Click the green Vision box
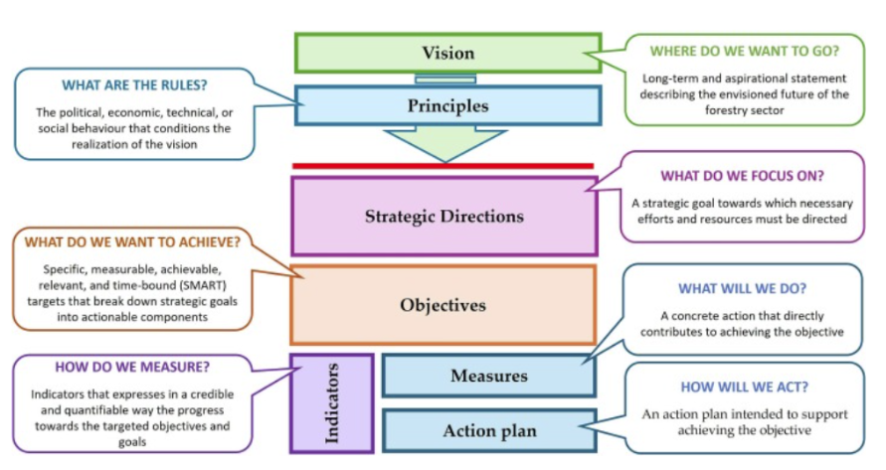click(447, 53)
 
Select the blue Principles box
click(447, 105)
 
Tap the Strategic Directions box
click(443, 216)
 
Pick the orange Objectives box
click(443, 304)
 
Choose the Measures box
click(488, 376)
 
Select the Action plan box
click(488, 430)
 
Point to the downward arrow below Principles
click(445, 145)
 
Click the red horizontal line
click(443, 166)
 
